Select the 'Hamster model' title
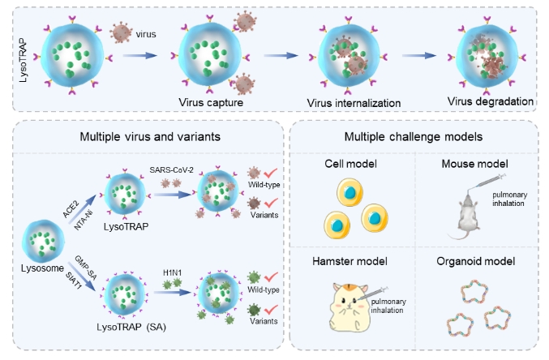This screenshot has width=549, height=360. pyautogui.click(x=350, y=261)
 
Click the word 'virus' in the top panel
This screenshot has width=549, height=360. pyautogui.click(x=147, y=36)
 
